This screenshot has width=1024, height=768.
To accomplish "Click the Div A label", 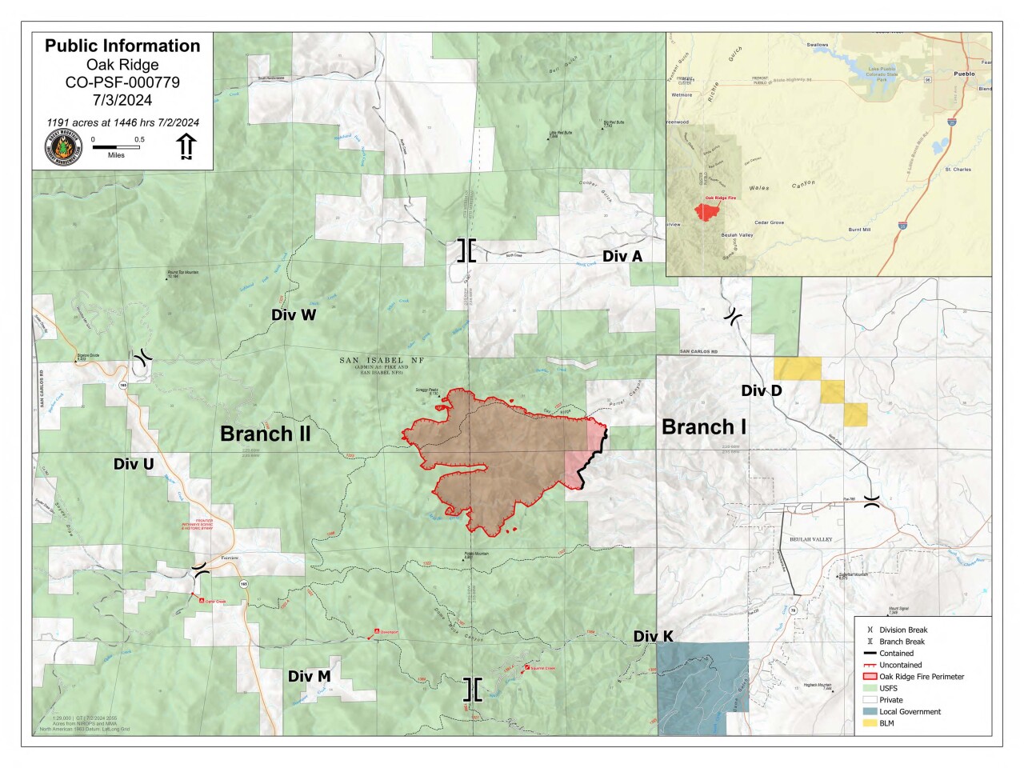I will pos(622,256).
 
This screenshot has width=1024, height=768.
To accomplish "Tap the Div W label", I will pos(294,315).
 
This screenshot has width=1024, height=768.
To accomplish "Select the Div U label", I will pos(134,464).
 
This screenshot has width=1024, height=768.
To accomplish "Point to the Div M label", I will pos(309,677).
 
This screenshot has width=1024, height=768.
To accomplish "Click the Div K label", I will pos(653,637).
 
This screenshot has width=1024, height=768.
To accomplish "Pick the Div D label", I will pos(761,390).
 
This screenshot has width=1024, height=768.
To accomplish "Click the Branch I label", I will pos(703,427).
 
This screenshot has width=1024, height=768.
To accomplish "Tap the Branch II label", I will pos(265,434).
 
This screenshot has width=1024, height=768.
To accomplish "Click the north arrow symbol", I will pos(186,146).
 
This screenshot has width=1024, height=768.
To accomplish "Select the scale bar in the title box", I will pos(117,147).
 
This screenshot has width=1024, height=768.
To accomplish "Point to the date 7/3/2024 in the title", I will pos(122,100).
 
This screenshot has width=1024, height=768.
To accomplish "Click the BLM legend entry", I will pos(886,723).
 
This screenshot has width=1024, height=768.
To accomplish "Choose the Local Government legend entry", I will pos(910,711).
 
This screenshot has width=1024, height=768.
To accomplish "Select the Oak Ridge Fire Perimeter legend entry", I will pos(921,677).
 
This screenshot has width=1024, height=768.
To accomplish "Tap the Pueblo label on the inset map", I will pos(964,74).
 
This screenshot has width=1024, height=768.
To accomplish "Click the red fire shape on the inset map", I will pos(707,211).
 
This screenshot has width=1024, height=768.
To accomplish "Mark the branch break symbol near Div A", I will pos(466,250).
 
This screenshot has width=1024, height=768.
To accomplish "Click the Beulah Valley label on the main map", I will pos(810,539).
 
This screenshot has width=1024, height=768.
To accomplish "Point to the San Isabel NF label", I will pos(382,361).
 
